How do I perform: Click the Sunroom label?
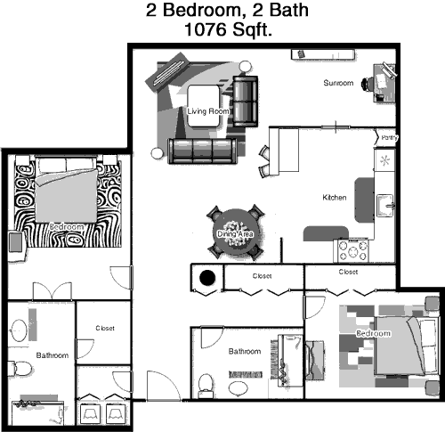click(x=338, y=83)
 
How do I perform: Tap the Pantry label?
click(x=389, y=138)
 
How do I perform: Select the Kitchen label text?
click(x=335, y=198)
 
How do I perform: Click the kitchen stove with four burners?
click(x=352, y=251)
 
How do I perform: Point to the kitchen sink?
click(x=385, y=205)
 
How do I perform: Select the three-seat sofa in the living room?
click(x=202, y=151)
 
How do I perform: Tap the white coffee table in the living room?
click(x=204, y=106)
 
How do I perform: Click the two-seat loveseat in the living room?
click(x=245, y=102)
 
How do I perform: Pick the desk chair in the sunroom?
click(x=368, y=84)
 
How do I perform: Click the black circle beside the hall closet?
click(x=207, y=278)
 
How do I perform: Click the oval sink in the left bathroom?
click(x=19, y=330)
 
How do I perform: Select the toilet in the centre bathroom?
click(x=206, y=386)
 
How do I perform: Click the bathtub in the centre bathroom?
click(x=290, y=361)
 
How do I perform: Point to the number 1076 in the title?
click(x=205, y=29)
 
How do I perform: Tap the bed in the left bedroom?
click(x=67, y=190)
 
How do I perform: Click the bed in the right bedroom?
click(x=407, y=346)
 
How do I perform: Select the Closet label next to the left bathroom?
click(x=105, y=328)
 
